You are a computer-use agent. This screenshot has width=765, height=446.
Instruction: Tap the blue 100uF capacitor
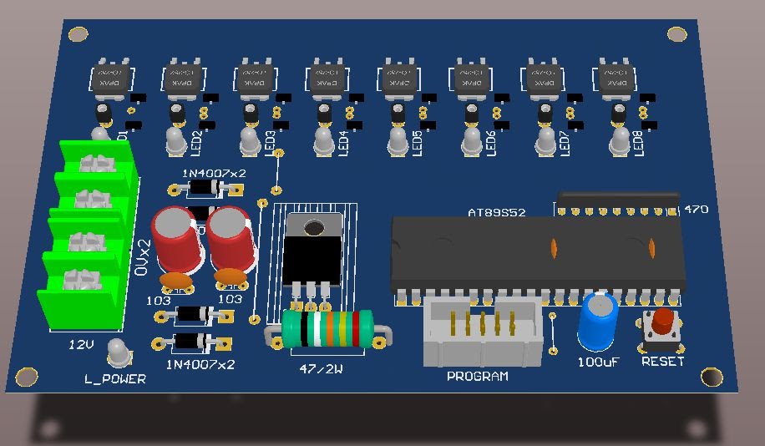(x=598, y=322)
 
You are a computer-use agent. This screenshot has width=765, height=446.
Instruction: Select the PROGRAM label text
(x=477, y=377)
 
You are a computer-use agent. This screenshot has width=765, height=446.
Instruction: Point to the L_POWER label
(x=115, y=379)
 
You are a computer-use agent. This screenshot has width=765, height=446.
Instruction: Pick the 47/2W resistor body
(x=327, y=328)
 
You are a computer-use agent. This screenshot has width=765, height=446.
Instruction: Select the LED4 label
(x=343, y=143)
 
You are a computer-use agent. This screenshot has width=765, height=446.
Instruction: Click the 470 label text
(x=697, y=210)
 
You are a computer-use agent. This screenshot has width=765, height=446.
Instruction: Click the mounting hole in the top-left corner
(x=78, y=34)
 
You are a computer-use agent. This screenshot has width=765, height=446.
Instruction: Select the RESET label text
(x=662, y=362)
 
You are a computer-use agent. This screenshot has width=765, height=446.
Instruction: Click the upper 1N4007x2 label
(x=214, y=173)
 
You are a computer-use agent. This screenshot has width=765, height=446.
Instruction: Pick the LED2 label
(x=198, y=143)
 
